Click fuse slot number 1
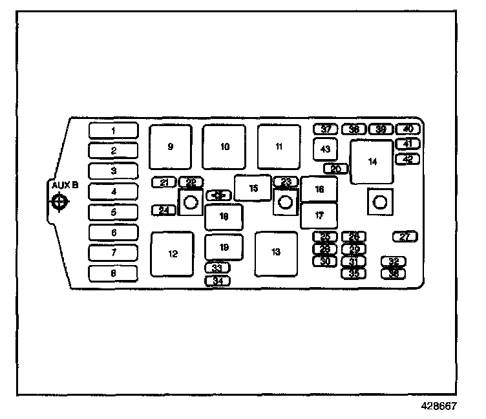coord(113,131)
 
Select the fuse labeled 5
coord(113,212)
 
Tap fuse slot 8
coord(113,274)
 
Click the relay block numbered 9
coord(171,147)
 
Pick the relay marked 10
coord(224,147)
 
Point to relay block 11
coord(279,147)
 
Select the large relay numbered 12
coord(173,253)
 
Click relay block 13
coord(276,253)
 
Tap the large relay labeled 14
coord(372,162)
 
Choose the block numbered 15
coord(253,188)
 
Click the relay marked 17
coord(319,215)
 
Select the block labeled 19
coord(224,247)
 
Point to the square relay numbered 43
coord(325,149)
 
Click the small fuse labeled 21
coord(164,182)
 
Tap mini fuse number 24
coord(164,210)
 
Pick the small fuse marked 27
coord(405,237)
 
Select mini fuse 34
coord(218,281)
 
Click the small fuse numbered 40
coord(408,129)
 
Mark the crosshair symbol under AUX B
coord(59,202)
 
